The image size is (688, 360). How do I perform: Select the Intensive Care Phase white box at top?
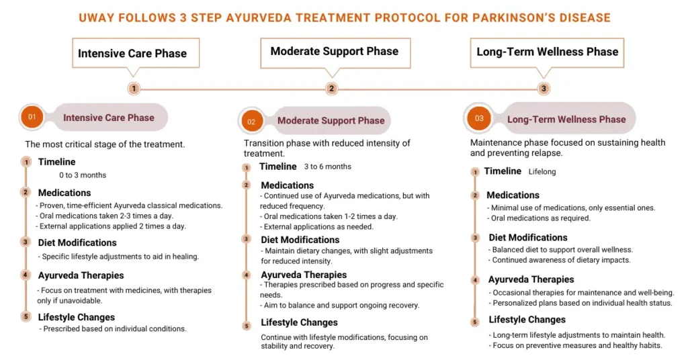[x=132, y=53]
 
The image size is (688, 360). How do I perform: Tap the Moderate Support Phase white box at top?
[x=334, y=51]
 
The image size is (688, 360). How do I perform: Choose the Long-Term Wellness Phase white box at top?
[x=547, y=52]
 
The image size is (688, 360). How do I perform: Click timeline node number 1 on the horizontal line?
[x=134, y=88]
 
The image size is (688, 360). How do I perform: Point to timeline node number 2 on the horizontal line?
[x=331, y=88]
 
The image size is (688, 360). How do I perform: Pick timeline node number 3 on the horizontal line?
[x=544, y=88]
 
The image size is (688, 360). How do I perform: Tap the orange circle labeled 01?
[x=31, y=117]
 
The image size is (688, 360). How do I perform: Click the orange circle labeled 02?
[x=251, y=122]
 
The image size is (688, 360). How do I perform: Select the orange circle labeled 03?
[x=478, y=119]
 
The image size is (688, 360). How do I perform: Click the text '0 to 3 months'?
[x=83, y=175]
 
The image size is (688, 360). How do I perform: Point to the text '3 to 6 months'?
[x=327, y=167]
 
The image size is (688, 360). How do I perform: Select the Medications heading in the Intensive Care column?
[x=64, y=193]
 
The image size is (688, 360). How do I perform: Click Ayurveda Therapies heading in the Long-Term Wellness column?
[x=531, y=279]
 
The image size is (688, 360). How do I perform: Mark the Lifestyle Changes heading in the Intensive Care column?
[x=77, y=317]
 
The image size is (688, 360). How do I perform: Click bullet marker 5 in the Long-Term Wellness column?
[x=475, y=322]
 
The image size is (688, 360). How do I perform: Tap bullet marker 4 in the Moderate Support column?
[x=247, y=275]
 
